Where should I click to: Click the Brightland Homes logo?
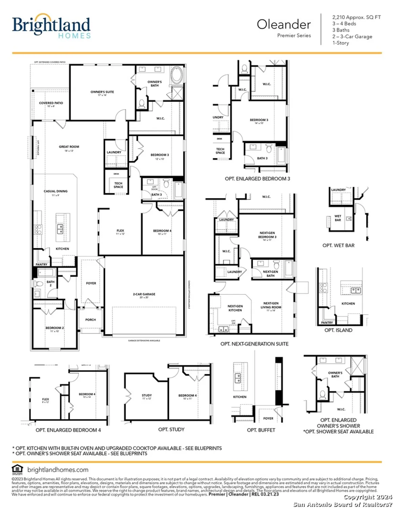tap(51, 26)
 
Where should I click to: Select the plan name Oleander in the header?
tap(284, 24)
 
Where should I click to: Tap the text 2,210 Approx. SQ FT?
tap(356, 17)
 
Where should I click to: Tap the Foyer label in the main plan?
tap(91, 283)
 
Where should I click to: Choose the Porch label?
tap(90, 320)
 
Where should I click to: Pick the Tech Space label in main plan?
tap(118, 185)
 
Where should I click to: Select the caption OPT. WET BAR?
tap(338, 246)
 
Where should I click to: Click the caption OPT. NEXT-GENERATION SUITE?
tap(254, 344)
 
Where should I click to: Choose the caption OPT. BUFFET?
tap(261, 430)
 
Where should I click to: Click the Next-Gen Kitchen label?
tap(235, 308)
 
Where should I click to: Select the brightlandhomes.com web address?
tap(58, 470)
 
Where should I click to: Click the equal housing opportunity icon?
tap(17, 469)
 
